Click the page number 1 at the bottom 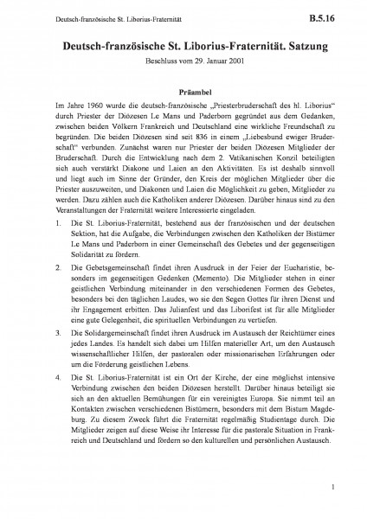point(332,491)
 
